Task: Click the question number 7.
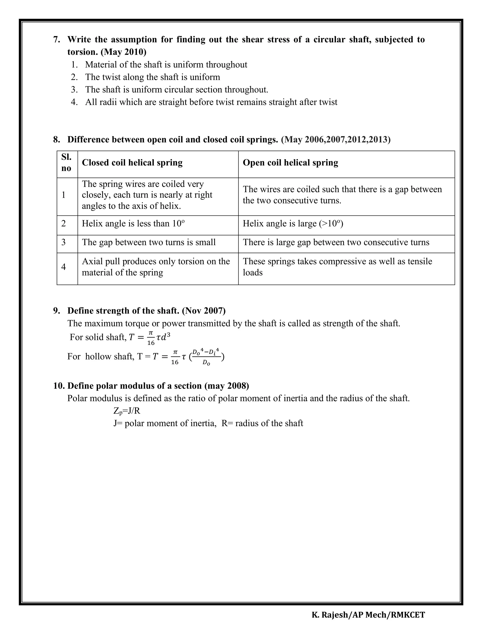coord(56,39)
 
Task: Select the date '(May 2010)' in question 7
coord(123,52)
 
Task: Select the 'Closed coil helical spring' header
coord(132,162)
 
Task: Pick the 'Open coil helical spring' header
coord(290,162)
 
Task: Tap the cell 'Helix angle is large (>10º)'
coord(293,223)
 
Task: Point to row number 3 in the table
coord(63,242)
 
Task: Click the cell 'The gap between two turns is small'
coord(149,242)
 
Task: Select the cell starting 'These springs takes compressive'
coord(337,267)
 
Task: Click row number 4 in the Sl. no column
coord(63,267)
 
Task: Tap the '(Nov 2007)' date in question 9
coord(204,311)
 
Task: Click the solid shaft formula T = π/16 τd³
coord(150,337)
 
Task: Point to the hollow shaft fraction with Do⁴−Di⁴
coord(206,356)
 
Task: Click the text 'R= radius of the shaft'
coord(262,423)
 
